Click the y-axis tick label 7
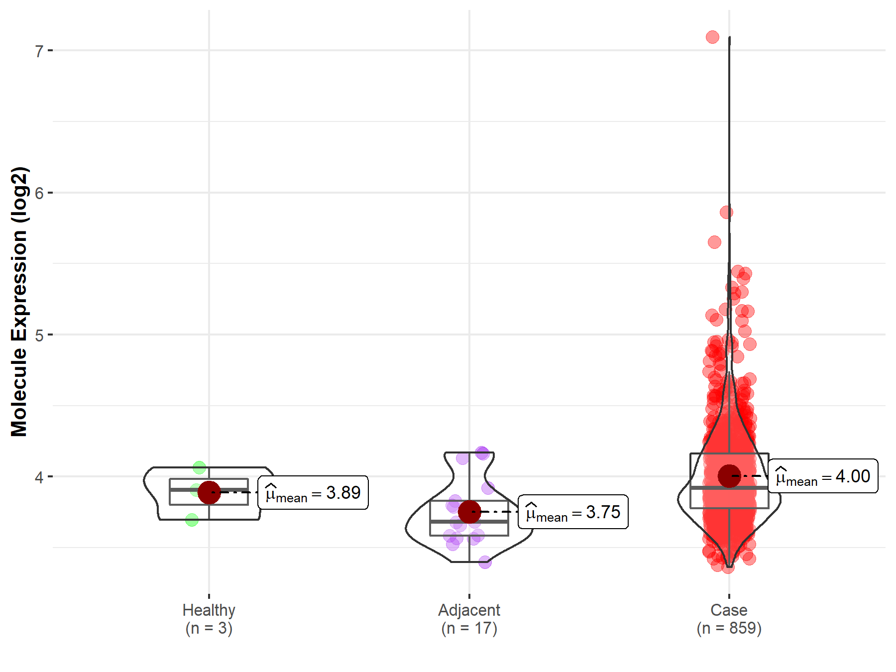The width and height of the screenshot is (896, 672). click(39, 51)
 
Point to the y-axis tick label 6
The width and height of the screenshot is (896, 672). click(39, 193)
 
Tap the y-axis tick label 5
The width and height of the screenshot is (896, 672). click(39, 335)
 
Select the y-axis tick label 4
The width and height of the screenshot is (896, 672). click(39, 477)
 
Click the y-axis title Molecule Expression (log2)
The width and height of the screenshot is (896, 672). click(19, 302)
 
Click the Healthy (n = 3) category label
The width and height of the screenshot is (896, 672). click(209, 619)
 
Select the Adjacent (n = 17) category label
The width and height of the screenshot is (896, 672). click(469, 619)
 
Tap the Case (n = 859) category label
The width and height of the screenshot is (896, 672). click(729, 619)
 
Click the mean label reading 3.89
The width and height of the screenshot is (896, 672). click(313, 493)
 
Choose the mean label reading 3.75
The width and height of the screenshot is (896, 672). click(573, 512)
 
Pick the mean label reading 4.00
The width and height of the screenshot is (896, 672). click(823, 476)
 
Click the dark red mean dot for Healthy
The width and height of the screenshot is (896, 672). click(209, 492)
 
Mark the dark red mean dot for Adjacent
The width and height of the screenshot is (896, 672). click(469, 512)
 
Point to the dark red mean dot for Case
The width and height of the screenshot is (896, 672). click(729, 476)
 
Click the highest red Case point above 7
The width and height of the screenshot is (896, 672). click(712, 37)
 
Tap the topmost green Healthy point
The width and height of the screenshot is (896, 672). click(199, 467)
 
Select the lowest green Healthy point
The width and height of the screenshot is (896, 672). click(192, 520)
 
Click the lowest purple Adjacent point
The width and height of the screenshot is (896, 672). click(485, 562)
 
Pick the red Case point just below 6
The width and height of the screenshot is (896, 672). click(726, 213)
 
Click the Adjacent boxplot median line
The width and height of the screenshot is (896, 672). click(469, 522)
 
